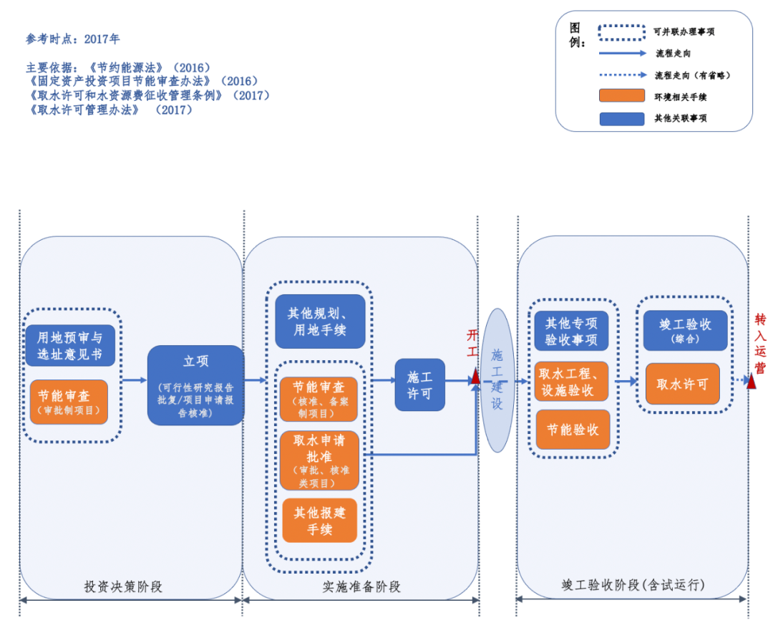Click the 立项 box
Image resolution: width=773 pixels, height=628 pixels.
pos(195,385)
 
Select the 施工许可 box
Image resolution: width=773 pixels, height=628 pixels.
pos(419,385)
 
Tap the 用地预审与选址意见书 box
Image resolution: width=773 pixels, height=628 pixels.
pos(70,345)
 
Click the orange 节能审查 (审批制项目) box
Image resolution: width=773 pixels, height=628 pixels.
pos(69,402)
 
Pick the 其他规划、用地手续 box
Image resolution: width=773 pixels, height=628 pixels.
pos(320,322)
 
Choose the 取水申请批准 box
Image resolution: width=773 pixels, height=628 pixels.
pos(319,460)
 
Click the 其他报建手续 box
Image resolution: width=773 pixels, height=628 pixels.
pos(319,521)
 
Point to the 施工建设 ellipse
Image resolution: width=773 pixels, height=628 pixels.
pos(497,380)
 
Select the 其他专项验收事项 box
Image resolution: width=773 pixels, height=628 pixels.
pos(570,331)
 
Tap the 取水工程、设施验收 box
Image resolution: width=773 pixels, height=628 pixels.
pos(571,380)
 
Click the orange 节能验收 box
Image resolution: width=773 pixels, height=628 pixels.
pos(573,430)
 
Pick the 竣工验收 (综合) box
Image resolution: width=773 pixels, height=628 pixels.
pos(685,330)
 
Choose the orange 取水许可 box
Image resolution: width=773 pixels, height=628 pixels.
pos(682,385)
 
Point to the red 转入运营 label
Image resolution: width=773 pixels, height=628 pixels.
pos(760,344)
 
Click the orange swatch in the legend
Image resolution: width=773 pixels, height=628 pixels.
pos(621,96)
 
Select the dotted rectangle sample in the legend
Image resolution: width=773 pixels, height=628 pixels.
pos(621,32)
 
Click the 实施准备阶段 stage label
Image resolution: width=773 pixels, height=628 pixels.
pos(361,586)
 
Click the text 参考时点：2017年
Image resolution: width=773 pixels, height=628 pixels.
pos(73,39)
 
